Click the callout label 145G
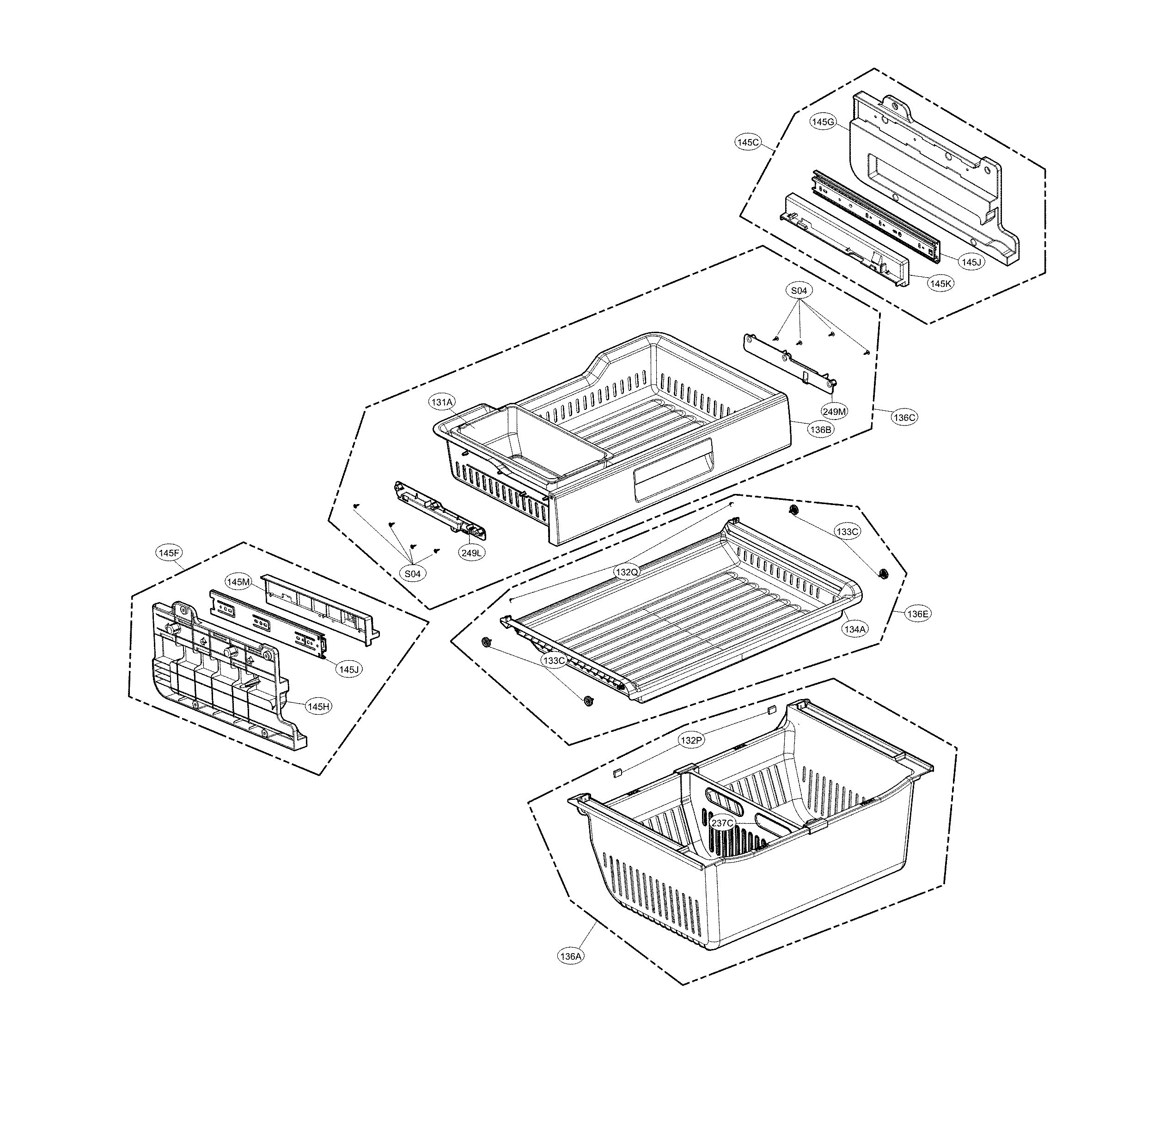click(x=822, y=122)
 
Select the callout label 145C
click(x=747, y=142)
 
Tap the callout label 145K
click(x=940, y=284)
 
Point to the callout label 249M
click(x=834, y=411)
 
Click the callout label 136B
click(x=820, y=429)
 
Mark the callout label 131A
click(x=442, y=402)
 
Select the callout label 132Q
click(x=627, y=572)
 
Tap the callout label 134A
click(x=854, y=629)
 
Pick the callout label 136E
click(x=918, y=614)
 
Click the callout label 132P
click(x=690, y=740)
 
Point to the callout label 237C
click(x=722, y=823)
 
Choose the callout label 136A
click(x=570, y=956)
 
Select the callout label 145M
click(x=238, y=581)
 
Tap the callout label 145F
click(x=169, y=553)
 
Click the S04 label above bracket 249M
click(x=799, y=291)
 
